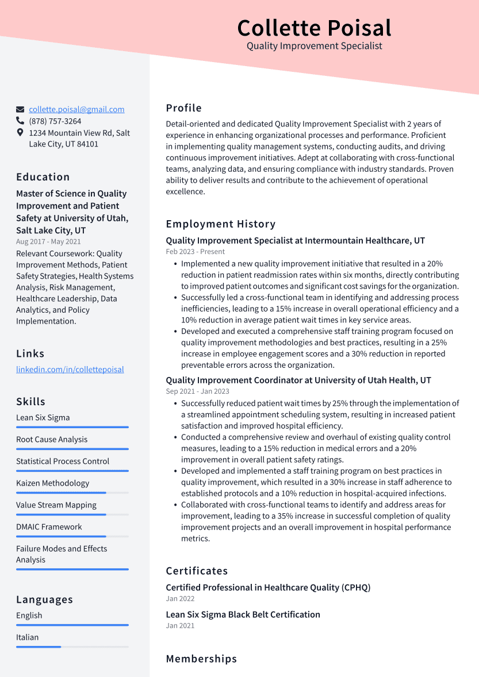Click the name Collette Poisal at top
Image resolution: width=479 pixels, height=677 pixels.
pos(314,28)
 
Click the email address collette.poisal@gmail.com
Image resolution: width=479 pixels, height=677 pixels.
pos(76,109)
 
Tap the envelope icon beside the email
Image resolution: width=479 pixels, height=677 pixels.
pos(20,109)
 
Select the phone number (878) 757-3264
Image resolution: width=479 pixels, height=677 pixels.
pos(55,121)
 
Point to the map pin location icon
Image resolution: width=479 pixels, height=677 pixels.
pos(20,133)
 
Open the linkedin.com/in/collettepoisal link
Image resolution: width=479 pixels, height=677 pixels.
pos(70,370)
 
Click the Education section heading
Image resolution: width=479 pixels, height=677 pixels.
pos(43,177)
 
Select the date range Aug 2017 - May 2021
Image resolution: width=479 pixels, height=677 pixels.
pos(48,242)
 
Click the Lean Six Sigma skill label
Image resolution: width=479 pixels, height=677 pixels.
pos(43,418)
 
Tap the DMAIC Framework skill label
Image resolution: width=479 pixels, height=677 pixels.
pos(49,527)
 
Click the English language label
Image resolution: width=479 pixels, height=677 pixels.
pos(29,616)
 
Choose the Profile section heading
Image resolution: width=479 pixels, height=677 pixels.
pos(183,108)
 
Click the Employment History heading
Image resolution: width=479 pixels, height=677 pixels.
pos(220,224)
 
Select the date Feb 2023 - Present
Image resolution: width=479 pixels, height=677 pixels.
pos(195,252)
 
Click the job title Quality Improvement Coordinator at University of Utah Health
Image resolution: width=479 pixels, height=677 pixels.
pos(298,380)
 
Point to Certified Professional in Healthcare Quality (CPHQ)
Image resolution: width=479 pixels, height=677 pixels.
pos(268,587)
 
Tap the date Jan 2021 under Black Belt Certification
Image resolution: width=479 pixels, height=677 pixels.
pos(180,625)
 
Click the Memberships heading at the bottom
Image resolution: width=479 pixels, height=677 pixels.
pos(201,659)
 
